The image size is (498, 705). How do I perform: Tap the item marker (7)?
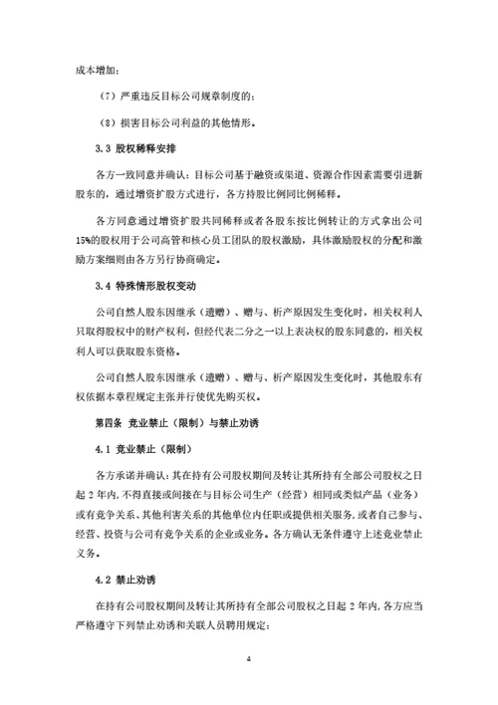(x=115, y=97)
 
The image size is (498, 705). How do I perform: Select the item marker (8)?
(x=115, y=122)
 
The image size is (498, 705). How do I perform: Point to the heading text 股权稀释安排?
(x=145, y=148)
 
